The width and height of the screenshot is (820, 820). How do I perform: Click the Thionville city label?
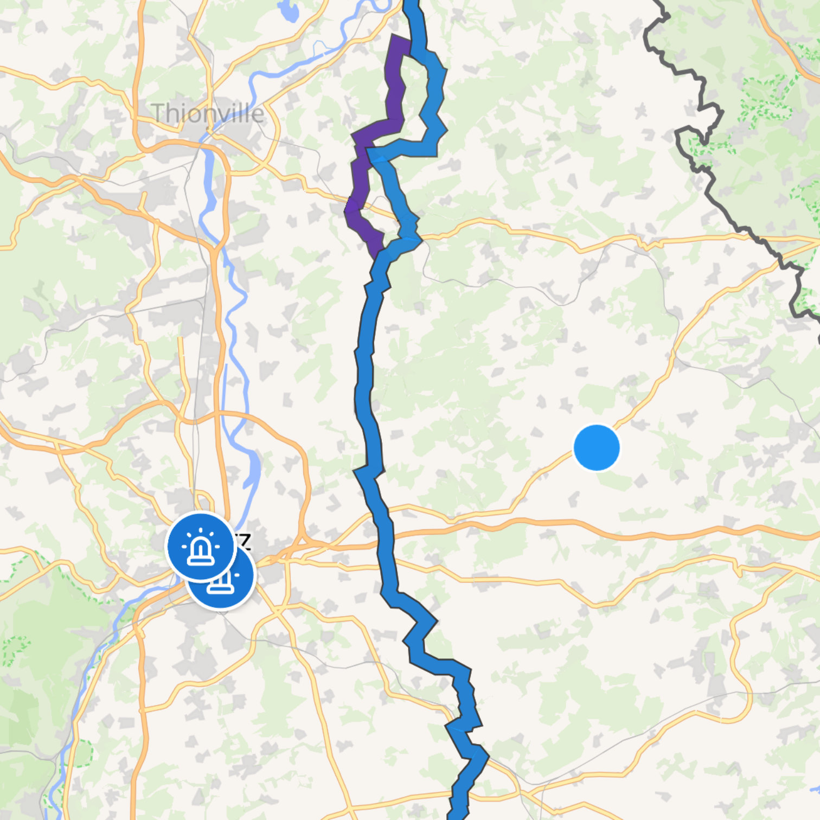tap(208, 113)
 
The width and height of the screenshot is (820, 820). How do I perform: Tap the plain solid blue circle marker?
tap(596, 448)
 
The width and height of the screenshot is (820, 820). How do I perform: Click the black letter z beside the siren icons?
tap(245, 541)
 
